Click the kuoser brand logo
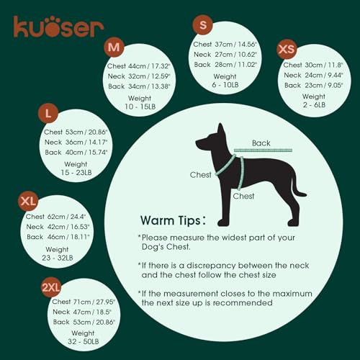pyautogui.click(x=58, y=27)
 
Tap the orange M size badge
pyautogui.click(x=113, y=48)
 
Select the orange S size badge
pyautogui.click(x=203, y=26)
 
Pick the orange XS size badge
pyautogui.click(x=287, y=49)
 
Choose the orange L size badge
pyautogui.click(x=48, y=114)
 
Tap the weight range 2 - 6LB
pyautogui.click(x=314, y=105)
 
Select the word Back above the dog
pyautogui.click(x=263, y=142)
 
